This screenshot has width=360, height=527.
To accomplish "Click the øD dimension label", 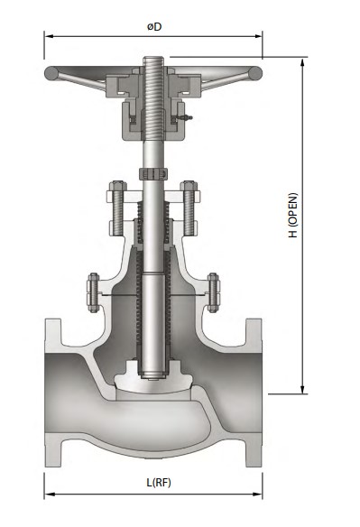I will click(x=154, y=26).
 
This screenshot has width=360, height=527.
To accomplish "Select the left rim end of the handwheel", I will click(x=51, y=75).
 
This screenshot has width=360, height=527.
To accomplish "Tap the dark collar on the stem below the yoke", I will click(x=152, y=172).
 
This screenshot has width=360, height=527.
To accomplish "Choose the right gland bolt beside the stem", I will click(x=189, y=206).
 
